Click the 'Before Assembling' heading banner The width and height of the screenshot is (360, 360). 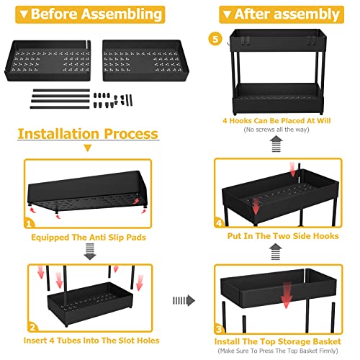[90, 14]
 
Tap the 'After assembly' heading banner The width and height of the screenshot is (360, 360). [282, 14]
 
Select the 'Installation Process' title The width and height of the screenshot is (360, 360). [88, 134]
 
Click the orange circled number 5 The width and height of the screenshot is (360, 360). [215, 39]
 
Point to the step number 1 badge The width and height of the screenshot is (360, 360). [29, 223]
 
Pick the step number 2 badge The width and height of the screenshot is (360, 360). [33, 327]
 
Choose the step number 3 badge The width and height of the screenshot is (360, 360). [219, 328]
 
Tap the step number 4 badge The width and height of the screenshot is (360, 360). [219, 222]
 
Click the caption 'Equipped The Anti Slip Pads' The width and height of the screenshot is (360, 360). [89, 238]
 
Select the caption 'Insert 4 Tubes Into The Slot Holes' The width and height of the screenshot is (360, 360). [91, 341]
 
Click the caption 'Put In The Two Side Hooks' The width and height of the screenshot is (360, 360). [283, 236]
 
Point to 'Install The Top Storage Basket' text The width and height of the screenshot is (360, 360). [278, 341]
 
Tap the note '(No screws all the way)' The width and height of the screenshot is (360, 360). [276, 130]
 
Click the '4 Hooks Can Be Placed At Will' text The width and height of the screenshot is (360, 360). [276, 120]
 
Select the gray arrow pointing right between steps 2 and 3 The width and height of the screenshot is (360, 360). [184, 300]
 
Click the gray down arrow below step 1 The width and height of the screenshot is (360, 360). [90, 251]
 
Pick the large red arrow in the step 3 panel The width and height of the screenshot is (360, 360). [286, 295]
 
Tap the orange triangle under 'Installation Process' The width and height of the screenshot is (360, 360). [88, 148]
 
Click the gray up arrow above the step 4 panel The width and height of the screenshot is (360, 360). [276, 251]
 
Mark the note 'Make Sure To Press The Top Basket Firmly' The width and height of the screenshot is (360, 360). [278, 351]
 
